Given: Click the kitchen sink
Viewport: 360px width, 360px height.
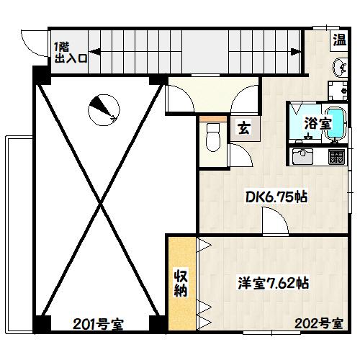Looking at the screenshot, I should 302,155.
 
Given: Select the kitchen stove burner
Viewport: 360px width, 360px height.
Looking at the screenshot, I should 336,156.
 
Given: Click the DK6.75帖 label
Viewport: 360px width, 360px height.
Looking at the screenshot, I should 276,197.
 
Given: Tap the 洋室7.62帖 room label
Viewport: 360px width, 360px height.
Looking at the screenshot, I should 274,283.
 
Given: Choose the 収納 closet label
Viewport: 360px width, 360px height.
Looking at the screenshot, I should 180,284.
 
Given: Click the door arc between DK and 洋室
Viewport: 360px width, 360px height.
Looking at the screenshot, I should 271,223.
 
